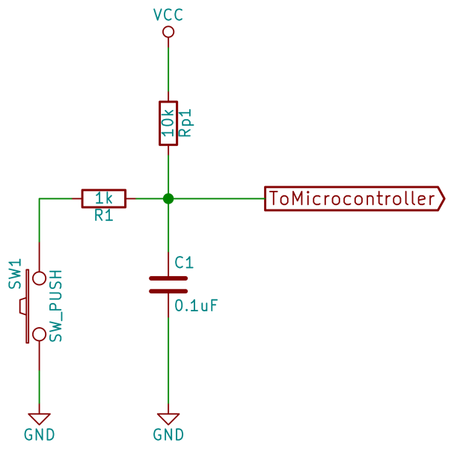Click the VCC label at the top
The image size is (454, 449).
[x=168, y=14]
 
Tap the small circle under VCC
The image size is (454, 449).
[x=168, y=31]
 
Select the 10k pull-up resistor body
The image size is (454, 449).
[x=168, y=123]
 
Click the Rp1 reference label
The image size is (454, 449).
[x=188, y=123]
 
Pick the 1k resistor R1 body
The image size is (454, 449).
[x=104, y=198]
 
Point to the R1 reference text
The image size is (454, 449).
[x=103, y=216]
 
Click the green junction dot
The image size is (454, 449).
[x=168, y=198]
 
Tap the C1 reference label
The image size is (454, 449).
[x=184, y=263]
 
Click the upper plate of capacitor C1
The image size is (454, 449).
[x=168, y=278]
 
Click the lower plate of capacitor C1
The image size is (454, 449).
[x=168, y=290]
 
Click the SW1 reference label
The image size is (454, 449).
[x=15, y=275]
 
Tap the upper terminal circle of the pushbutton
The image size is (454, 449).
[x=39, y=278]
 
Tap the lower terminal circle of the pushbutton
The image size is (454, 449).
[x=39, y=332]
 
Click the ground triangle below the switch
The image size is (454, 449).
[x=39, y=418]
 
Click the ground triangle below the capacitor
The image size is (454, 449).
[x=168, y=418]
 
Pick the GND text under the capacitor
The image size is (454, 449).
[x=168, y=435]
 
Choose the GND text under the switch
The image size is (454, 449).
[x=39, y=435]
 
